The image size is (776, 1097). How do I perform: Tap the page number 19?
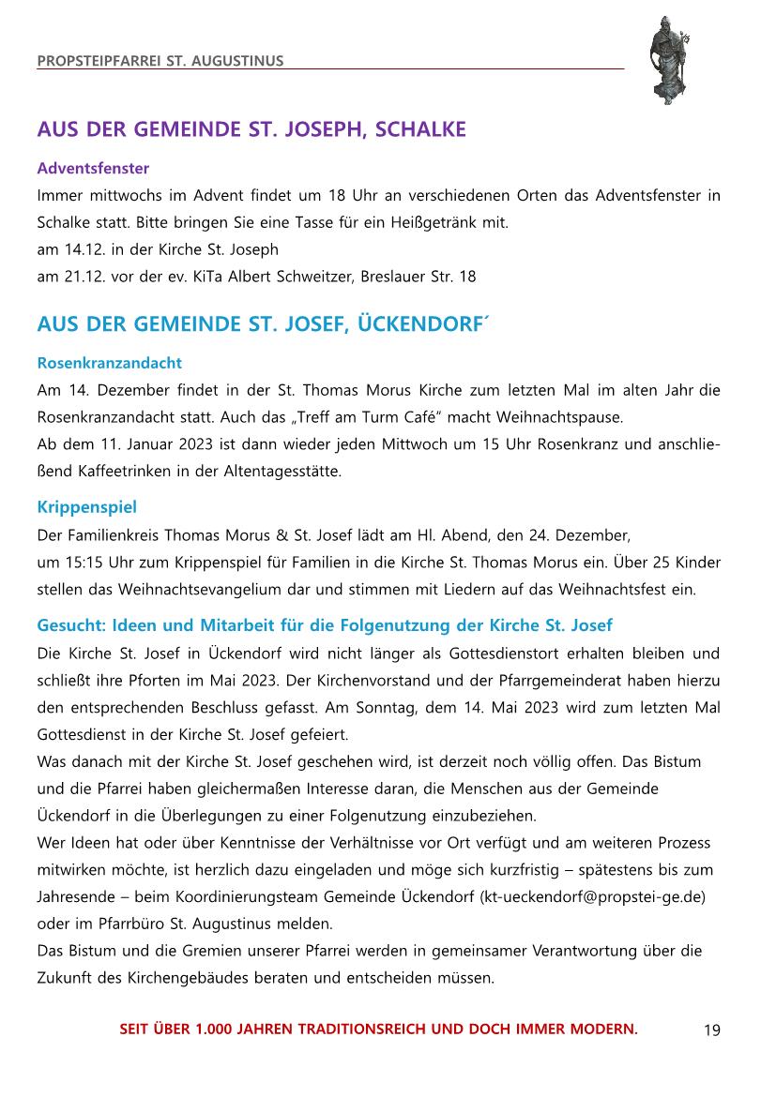pos(711,1030)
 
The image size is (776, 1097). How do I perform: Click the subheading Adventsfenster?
pos(93,169)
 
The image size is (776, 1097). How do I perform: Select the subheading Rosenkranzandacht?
pos(109,362)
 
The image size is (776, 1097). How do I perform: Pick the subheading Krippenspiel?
pos(86,507)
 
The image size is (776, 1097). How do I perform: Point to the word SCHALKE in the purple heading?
pos(420,129)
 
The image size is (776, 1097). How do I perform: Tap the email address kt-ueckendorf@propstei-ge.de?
pos(592,896)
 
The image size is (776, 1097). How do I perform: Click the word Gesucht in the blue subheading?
pos(70,624)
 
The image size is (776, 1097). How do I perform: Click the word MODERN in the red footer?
pos(603,1029)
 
